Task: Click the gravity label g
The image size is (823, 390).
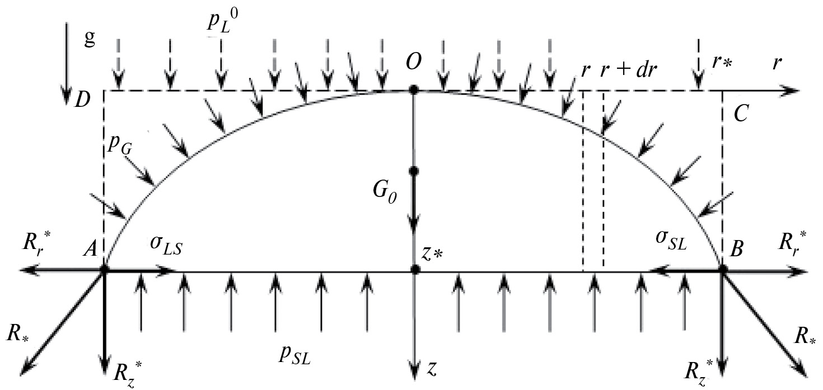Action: coord(89,38)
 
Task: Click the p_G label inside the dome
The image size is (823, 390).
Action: coord(120,147)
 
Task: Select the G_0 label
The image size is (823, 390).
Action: coord(384,193)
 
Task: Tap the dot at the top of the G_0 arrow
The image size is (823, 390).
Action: coord(414,171)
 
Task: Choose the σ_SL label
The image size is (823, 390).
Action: coord(671,242)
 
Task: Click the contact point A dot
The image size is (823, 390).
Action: coord(104,270)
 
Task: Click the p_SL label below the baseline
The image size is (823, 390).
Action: coord(294,356)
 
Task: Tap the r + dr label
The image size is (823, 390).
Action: coord(628,69)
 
